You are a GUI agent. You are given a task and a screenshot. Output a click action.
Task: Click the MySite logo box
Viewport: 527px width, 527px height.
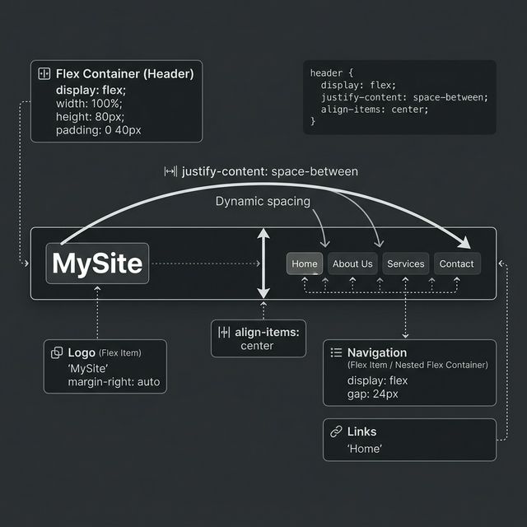pyautogui.click(x=97, y=263)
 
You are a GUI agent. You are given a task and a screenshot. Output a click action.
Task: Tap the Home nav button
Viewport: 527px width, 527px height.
pyautogui.click(x=304, y=263)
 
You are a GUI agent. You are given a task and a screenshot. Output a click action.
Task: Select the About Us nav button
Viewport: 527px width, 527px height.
pyautogui.click(x=352, y=263)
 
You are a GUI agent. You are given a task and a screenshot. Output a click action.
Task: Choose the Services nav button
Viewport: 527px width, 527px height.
pyautogui.click(x=405, y=263)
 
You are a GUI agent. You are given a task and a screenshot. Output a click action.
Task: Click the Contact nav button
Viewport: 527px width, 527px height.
pyautogui.click(x=456, y=263)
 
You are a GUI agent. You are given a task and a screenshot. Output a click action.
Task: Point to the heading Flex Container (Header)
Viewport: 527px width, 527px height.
pyautogui.click(x=125, y=74)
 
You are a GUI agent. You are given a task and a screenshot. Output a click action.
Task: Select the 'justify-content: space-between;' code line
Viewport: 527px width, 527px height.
pyautogui.click(x=404, y=97)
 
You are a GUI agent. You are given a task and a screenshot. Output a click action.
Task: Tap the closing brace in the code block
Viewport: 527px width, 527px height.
pyautogui.click(x=313, y=121)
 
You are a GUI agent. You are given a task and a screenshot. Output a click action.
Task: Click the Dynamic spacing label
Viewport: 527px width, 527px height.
pyautogui.click(x=263, y=201)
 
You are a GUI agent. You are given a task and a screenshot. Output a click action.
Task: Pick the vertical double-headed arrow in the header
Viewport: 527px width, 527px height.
pyautogui.click(x=263, y=263)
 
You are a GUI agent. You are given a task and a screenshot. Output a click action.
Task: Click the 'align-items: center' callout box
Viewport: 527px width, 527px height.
pyautogui.click(x=258, y=338)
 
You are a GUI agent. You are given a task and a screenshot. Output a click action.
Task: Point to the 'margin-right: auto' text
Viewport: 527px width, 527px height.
pyautogui.click(x=114, y=382)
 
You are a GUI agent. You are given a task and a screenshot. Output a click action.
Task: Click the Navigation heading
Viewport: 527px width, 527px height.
pyautogui.click(x=376, y=352)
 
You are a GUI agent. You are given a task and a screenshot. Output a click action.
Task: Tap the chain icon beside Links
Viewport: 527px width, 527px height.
pyautogui.click(x=335, y=431)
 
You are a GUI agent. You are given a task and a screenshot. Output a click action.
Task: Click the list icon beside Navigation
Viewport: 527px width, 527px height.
pyautogui.click(x=335, y=352)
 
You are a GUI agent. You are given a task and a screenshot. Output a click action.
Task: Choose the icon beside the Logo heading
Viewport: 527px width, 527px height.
pyautogui.click(x=57, y=352)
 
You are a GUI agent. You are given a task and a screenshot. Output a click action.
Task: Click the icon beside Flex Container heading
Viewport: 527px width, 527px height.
pyautogui.click(x=44, y=74)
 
